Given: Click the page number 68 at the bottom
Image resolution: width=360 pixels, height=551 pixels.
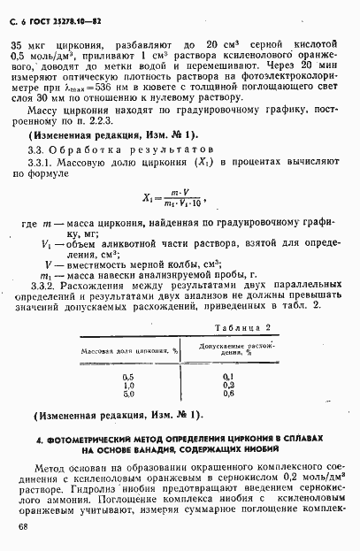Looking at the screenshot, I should (22, 527).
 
